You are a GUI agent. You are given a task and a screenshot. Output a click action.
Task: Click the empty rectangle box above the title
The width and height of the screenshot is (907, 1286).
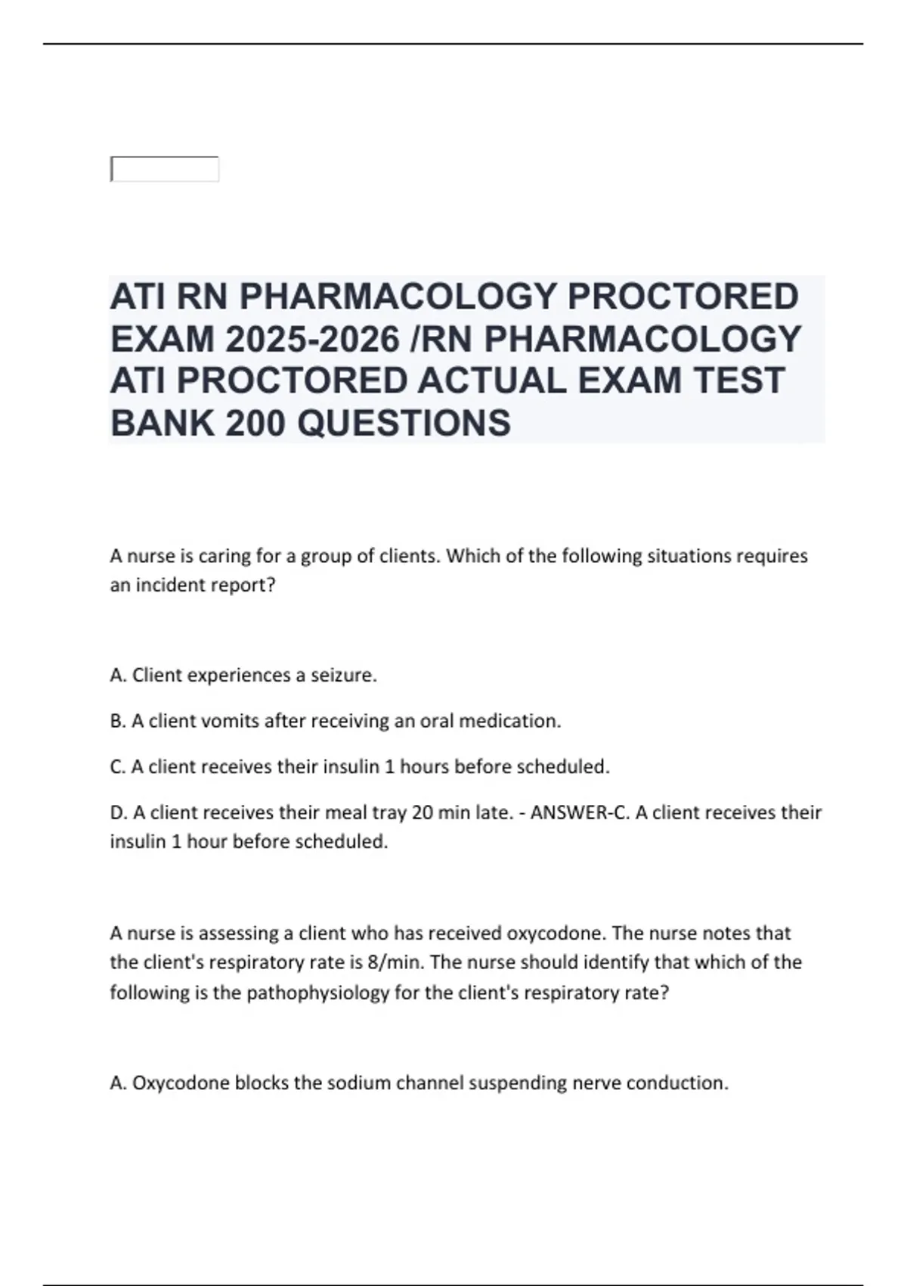[165, 169]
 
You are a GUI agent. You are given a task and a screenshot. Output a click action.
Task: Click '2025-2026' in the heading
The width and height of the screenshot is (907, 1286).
[311, 339]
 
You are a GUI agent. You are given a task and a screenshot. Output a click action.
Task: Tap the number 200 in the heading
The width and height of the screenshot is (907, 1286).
[255, 423]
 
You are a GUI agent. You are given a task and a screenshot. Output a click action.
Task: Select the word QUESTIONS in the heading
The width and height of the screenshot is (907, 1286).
[404, 423]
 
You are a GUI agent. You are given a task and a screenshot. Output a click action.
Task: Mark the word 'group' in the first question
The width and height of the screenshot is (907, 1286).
[326, 556]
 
